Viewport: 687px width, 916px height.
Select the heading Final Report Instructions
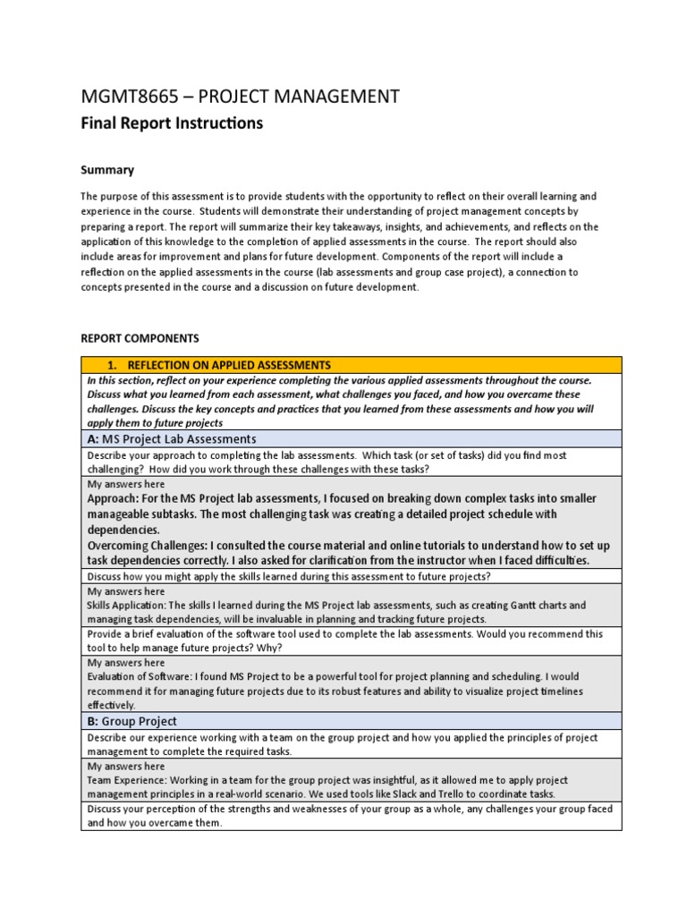pos(172,123)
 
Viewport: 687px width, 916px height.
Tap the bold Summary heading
pos(107,169)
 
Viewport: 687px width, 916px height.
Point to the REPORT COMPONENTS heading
pos(140,339)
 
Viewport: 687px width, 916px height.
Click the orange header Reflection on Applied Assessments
pos(229,365)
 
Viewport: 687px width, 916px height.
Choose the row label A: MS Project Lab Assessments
pos(172,438)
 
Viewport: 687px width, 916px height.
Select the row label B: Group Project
pos(132,721)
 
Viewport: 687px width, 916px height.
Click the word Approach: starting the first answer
pos(118,498)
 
